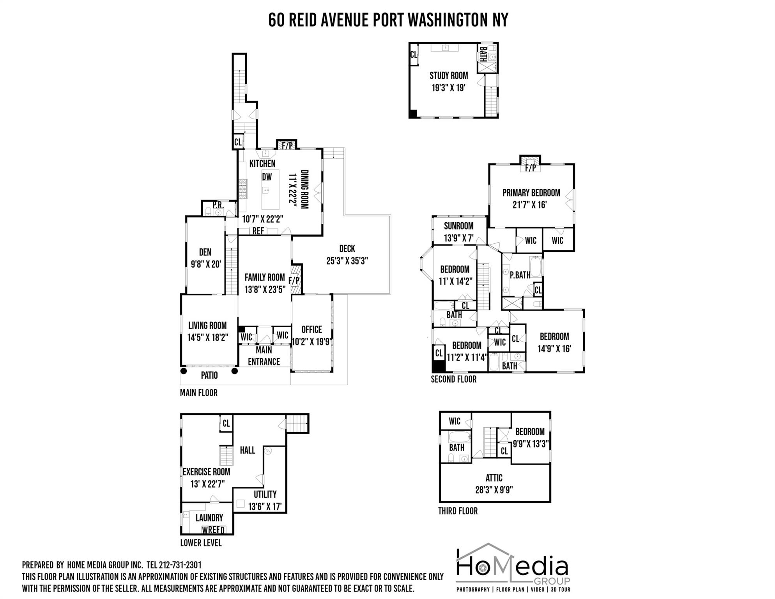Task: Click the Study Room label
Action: coord(449,76)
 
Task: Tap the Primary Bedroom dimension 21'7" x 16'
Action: coord(530,205)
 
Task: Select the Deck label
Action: coord(347,249)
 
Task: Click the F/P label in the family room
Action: coord(294,280)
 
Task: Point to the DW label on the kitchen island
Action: coord(267,177)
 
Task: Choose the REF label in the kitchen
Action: coord(258,231)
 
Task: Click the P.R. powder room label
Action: coord(218,205)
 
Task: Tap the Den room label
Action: coord(205,252)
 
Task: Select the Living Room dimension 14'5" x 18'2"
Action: coord(207,337)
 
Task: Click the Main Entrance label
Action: coord(264,356)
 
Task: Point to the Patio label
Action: coord(209,376)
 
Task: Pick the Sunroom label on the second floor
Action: coord(459,226)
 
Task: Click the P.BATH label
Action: coord(520,275)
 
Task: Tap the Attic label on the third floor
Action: coord(494,478)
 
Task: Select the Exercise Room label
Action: coord(206,472)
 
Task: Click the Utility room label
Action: coord(265,494)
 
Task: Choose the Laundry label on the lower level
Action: coord(209,518)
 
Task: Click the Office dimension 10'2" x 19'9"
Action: coord(312,342)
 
